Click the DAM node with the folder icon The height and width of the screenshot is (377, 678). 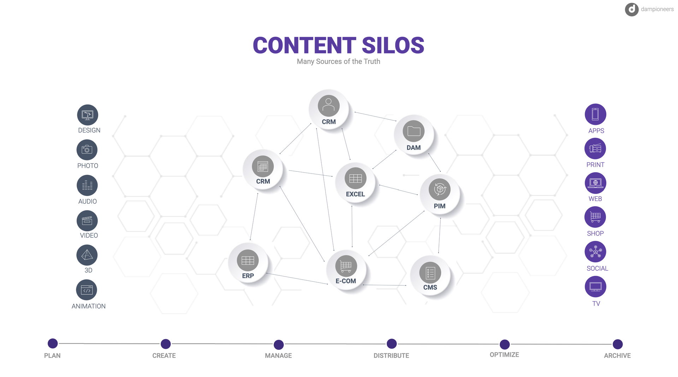click(414, 135)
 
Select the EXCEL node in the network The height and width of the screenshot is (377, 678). click(355, 182)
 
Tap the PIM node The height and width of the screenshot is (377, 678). click(440, 194)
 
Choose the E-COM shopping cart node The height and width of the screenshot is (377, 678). click(346, 270)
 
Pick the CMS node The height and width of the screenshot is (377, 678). click(430, 276)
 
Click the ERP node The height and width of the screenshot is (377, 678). click(248, 264)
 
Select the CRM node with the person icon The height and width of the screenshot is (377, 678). click(329, 110)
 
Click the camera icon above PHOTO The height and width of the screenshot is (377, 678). click(87, 150)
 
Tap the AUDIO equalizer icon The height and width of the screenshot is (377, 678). click(87, 186)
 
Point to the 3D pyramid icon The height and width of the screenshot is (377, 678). click(87, 255)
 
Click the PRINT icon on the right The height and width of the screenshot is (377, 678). click(595, 148)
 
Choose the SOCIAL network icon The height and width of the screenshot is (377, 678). click(595, 252)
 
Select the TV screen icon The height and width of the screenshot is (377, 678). click(595, 287)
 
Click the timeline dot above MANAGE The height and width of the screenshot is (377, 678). click(279, 345)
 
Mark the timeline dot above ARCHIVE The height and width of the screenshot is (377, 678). click(618, 344)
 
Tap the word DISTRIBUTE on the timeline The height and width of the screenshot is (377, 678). click(391, 355)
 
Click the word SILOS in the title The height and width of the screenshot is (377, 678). click(393, 45)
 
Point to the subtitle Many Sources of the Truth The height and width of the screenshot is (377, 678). click(339, 61)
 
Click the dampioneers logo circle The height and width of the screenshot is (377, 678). click(632, 10)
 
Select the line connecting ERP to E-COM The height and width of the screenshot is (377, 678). click(297, 279)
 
